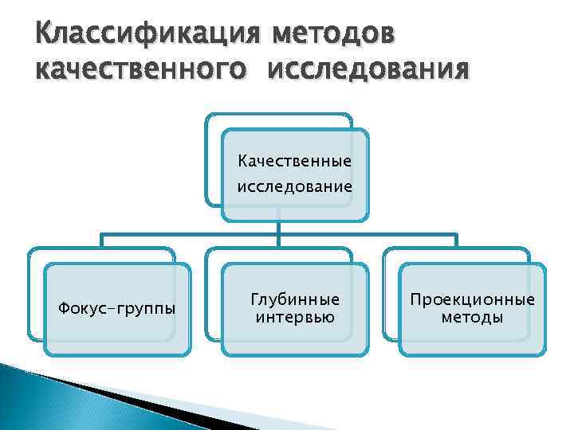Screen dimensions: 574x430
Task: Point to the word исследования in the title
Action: point(369,70)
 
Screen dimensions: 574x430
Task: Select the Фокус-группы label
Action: point(118,308)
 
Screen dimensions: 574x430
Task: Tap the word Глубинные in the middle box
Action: point(295,299)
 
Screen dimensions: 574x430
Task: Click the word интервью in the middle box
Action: point(295,318)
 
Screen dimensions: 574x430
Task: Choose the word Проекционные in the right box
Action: point(472,299)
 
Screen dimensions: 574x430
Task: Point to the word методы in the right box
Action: point(472,318)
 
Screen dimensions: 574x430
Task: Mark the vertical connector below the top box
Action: point(277,228)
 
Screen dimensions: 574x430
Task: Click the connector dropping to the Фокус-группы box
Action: point(100,240)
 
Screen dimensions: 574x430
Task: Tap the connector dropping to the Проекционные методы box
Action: point(456,240)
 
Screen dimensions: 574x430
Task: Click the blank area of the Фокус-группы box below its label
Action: point(118,338)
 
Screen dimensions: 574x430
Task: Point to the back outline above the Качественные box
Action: point(279,115)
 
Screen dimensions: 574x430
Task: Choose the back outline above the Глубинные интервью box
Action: point(279,250)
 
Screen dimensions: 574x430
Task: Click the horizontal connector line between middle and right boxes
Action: point(367,234)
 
